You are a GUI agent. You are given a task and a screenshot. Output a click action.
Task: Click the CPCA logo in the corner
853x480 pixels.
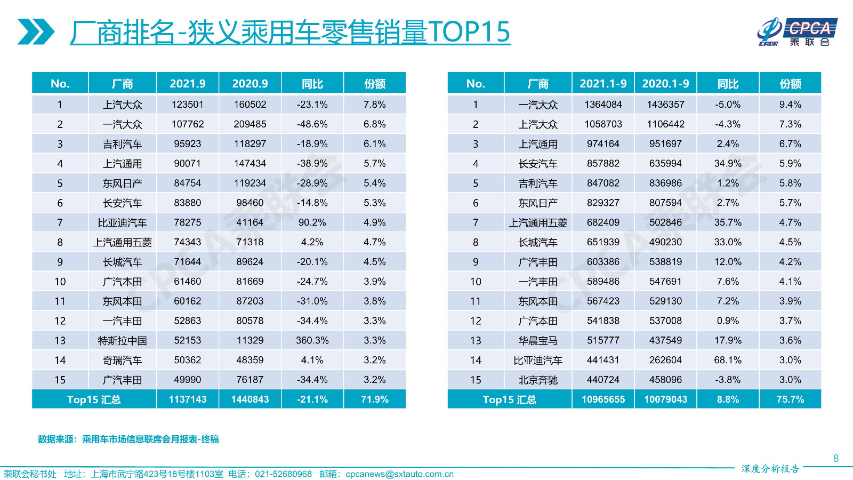click(x=797, y=32)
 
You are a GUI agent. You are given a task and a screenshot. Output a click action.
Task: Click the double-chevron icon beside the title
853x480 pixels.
click(x=35, y=32)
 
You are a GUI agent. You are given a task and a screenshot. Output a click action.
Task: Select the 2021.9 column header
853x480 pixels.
click(x=187, y=84)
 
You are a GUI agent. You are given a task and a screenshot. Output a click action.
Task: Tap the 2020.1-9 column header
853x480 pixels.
click(x=665, y=84)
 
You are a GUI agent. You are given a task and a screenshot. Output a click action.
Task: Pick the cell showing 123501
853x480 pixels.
click(x=187, y=105)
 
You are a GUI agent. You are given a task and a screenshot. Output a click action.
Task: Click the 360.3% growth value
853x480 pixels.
click(x=312, y=340)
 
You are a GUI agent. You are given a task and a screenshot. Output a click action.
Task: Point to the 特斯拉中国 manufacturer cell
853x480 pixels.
click(x=122, y=341)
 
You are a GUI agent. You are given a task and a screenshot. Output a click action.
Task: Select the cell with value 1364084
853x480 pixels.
click(x=603, y=105)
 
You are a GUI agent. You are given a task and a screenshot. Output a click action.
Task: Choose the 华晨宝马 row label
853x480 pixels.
click(x=537, y=341)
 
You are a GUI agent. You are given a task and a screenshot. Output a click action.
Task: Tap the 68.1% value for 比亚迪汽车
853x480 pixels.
click(x=728, y=360)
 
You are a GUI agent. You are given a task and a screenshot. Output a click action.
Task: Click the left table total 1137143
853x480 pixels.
click(x=187, y=399)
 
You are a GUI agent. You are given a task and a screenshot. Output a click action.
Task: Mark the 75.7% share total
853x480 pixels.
click(x=790, y=399)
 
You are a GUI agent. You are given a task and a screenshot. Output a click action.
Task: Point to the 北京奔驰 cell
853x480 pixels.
click(x=537, y=380)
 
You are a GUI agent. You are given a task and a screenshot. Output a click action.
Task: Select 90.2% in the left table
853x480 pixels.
click(x=312, y=222)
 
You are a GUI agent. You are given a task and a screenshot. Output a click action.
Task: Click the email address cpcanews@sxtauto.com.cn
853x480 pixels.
click(x=399, y=474)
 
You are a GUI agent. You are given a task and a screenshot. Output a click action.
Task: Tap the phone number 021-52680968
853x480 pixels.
click(x=283, y=474)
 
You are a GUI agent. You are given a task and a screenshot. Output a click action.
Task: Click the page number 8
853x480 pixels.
click(x=836, y=459)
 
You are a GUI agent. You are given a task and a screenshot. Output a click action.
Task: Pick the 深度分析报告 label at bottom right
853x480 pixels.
click(x=770, y=469)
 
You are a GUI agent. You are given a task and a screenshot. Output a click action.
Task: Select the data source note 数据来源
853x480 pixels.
click(x=128, y=439)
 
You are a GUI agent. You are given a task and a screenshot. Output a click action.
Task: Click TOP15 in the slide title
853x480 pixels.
click(x=469, y=32)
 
